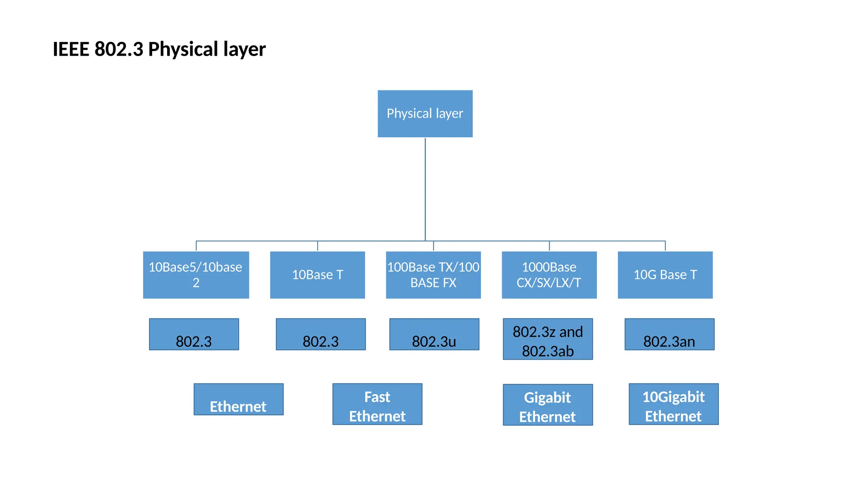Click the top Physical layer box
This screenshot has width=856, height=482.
(425, 113)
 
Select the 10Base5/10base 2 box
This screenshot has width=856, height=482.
(196, 274)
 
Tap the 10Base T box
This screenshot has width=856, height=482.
(317, 274)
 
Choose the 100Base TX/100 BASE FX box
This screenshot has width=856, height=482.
(433, 274)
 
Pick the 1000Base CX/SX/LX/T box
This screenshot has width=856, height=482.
(549, 274)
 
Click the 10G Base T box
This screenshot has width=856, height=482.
(665, 274)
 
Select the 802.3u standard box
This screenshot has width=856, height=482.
(434, 334)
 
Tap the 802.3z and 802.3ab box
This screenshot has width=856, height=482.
(548, 339)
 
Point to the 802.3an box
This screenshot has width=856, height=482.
(669, 334)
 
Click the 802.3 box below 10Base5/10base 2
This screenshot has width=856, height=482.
(194, 334)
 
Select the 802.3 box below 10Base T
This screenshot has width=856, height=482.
(321, 334)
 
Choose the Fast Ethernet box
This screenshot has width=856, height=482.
(377, 404)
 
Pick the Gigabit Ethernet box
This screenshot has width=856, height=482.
(548, 405)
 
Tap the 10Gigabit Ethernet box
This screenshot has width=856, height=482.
(673, 404)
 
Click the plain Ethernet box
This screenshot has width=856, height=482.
(238, 400)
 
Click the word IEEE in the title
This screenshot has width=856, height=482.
(71, 49)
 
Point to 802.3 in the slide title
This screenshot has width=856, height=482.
(119, 49)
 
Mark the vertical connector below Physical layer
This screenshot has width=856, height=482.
(425, 188)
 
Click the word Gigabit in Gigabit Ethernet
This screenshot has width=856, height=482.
(547, 397)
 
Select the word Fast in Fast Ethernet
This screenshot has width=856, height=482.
(377, 397)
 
